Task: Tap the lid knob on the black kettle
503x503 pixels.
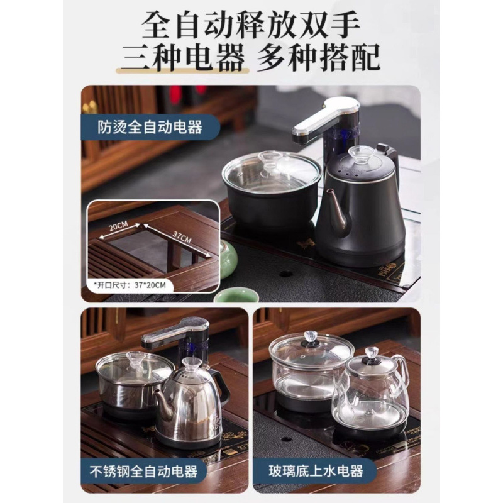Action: click(363, 153)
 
